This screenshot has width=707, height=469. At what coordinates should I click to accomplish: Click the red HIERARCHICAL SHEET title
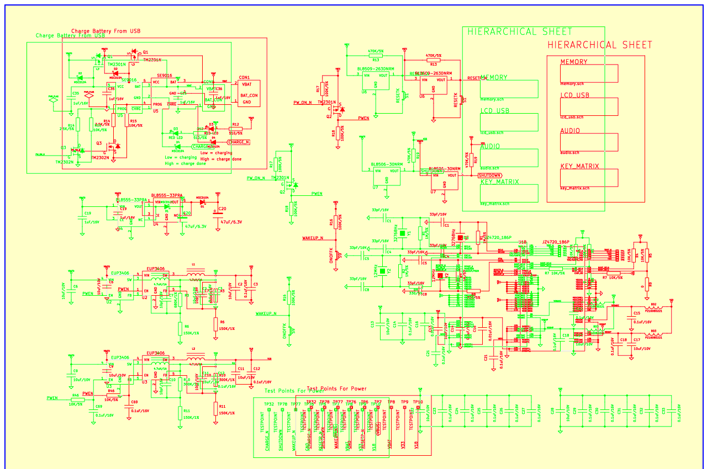[x=600, y=45]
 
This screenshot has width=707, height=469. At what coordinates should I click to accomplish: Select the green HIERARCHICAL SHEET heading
[x=520, y=31]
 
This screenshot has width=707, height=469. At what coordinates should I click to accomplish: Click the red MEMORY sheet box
[x=589, y=73]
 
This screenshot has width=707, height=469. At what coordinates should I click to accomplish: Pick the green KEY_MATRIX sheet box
[x=509, y=193]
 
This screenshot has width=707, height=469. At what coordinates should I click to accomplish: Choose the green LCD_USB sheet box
[x=509, y=122]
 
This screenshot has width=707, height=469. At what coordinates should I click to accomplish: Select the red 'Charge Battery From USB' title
[x=106, y=31]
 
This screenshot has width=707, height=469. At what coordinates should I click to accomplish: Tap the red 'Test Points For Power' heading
[x=336, y=388]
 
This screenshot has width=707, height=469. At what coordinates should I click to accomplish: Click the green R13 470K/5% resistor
[x=376, y=54]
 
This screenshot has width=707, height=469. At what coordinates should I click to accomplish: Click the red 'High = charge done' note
[x=221, y=159]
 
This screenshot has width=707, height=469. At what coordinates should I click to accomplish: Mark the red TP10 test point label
[x=418, y=402]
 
